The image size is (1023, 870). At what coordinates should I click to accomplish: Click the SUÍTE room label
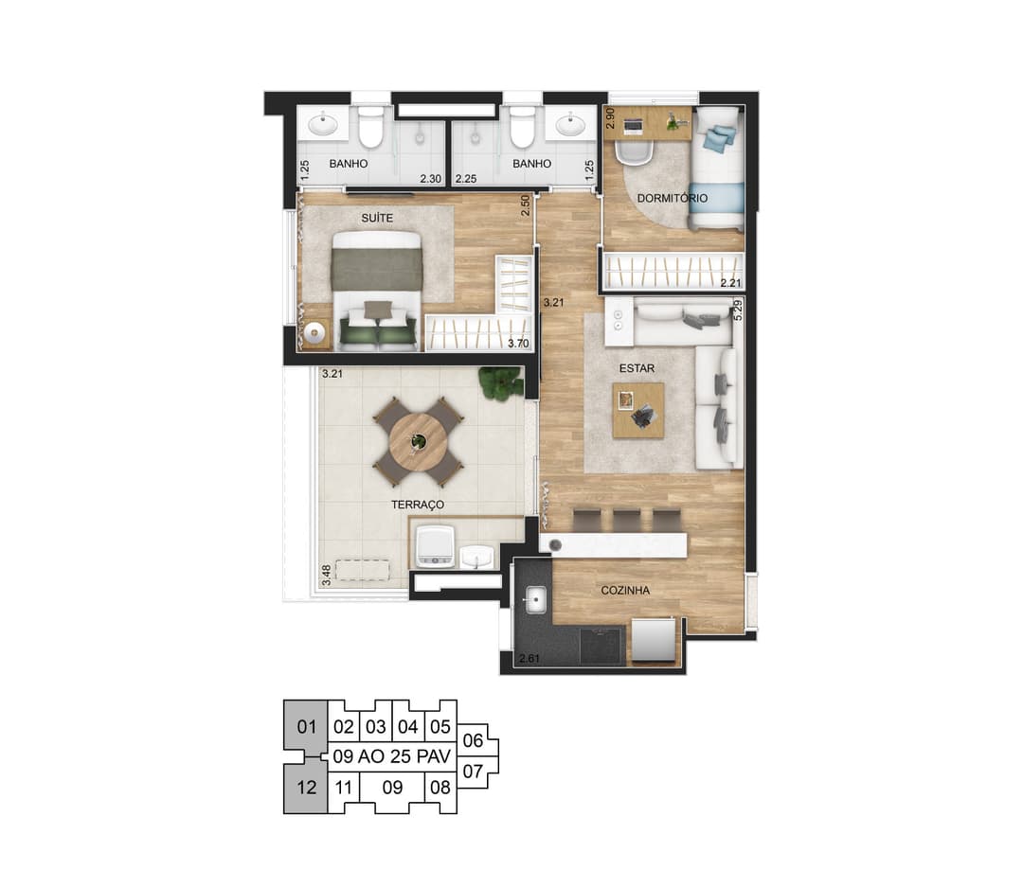(x=377, y=218)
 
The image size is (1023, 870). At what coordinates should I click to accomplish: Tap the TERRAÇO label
(x=418, y=505)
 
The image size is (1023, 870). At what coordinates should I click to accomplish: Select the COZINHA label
(x=625, y=590)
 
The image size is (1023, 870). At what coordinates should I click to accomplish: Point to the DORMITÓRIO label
(x=672, y=198)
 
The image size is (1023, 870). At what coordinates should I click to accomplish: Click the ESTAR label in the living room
(x=637, y=368)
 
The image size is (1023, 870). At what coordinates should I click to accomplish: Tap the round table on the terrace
(x=419, y=442)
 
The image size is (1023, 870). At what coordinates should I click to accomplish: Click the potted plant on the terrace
(x=501, y=382)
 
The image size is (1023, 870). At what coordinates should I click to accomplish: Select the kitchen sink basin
(x=535, y=599)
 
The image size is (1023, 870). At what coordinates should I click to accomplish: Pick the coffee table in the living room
(x=638, y=411)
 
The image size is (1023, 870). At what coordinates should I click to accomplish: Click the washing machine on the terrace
(x=434, y=546)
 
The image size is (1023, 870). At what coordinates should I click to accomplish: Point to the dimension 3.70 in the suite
(x=518, y=344)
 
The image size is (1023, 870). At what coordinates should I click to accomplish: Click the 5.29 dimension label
(x=738, y=310)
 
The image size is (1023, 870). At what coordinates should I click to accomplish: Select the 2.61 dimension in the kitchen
(x=529, y=659)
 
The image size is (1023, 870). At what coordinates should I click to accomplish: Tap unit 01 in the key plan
(x=306, y=726)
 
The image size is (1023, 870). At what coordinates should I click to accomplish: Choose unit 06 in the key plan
(x=473, y=741)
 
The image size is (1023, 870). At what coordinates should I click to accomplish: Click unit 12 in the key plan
(x=306, y=788)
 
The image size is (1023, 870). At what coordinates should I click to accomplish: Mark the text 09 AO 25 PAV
(x=392, y=756)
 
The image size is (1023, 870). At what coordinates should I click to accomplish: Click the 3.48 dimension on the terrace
(x=326, y=575)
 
